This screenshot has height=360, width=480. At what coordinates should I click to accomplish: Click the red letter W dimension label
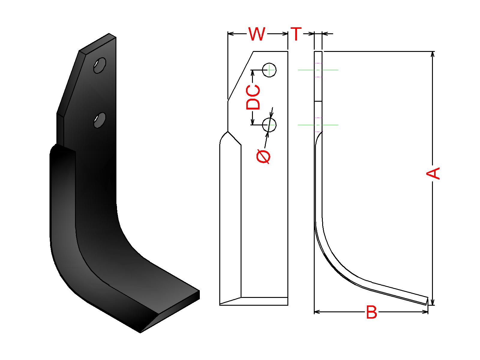pyautogui.click(x=257, y=34)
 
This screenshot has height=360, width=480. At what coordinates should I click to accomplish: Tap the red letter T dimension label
pyautogui.click(x=296, y=34)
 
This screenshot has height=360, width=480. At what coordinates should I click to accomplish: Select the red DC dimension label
pyautogui.click(x=253, y=97)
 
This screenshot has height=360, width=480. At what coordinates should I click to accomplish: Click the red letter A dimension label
pyautogui.click(x=433, y=173)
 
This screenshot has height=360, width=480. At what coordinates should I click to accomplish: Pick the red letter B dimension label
pyautogui.click(x=371, y=312)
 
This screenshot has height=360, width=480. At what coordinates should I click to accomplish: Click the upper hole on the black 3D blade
pyautogui.click(x=100, y=65)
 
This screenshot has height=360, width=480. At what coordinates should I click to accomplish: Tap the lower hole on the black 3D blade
pyautogui.click(x=100, y=120)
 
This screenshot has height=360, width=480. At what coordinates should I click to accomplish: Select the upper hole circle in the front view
pyautogui.click(x=269, y=70)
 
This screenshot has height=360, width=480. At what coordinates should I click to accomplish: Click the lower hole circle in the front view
pyautogui.click(x=269, y=125)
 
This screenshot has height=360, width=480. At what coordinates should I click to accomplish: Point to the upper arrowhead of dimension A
pyautogui.click(x=432, y=54)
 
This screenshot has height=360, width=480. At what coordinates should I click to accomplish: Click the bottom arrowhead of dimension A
pyautogui.click(x=432, y=302)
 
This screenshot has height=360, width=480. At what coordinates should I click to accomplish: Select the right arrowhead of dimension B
pyautogui.click(x=425, y=312)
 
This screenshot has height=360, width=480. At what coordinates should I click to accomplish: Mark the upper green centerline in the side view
pyautogui.click(x=318, y=70)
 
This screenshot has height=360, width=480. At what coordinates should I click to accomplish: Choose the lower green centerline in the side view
pyautogui.click(x=318, y=125)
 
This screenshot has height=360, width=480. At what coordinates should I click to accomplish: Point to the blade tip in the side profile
pyautogui.click(x=427, y=301)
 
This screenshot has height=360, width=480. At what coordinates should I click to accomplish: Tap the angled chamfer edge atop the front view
pyautogui.click(x=241, y=76)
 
